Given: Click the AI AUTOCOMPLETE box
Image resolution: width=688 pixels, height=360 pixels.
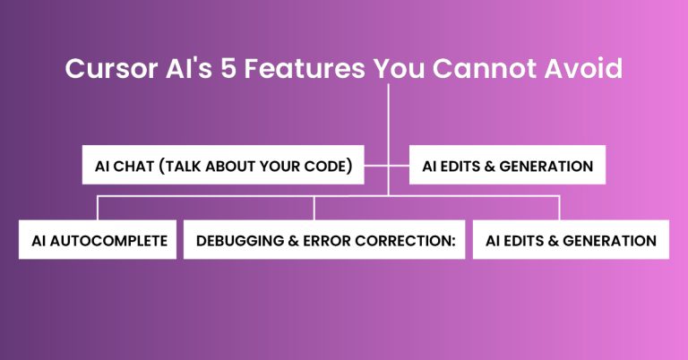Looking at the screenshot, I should tap(98, 240).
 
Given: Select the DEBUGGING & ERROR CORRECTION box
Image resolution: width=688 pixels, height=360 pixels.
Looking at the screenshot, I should tap(324, 240).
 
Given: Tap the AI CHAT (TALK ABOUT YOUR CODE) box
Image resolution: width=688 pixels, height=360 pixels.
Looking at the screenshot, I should tap(223, 166).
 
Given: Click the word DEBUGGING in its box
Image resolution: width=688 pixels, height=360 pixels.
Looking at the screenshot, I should tap(234, 240).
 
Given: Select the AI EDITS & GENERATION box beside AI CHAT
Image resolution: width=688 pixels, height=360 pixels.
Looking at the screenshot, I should tap(506, 166).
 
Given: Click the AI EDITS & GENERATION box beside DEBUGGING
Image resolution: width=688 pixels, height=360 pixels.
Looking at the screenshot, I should tap(571, 240).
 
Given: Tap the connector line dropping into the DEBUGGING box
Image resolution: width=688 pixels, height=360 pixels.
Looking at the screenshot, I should tap(314, 208).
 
